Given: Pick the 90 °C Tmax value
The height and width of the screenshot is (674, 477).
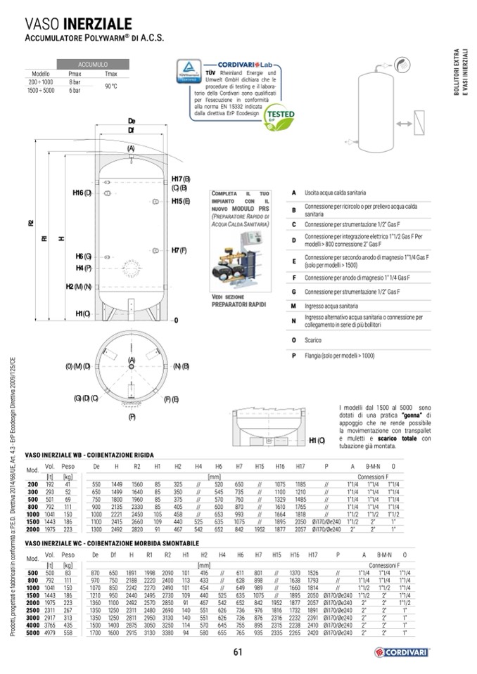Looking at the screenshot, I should tap(110, 86).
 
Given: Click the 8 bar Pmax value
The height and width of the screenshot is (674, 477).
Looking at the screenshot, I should tap(75, 82).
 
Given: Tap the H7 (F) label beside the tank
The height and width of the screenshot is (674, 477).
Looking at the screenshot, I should tap(178, 250).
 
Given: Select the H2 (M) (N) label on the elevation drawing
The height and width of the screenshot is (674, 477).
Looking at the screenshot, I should tap(79, 286).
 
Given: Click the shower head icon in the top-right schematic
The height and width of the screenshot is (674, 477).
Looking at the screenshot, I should tap(402, 64).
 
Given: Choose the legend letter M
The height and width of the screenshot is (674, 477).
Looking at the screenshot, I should tap(293, 307).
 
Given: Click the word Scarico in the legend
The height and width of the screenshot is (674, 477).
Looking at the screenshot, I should tap(314, 339).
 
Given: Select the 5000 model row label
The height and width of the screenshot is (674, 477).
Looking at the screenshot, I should tap(32, 633).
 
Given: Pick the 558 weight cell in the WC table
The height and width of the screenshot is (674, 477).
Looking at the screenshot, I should tap(68, 633).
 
